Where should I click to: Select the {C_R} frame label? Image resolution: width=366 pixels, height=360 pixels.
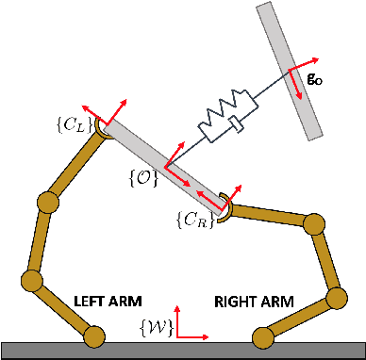(x=192, y=221)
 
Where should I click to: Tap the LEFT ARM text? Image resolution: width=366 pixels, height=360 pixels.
(x=107, y=302)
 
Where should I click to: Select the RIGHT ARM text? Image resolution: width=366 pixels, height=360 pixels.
(x=254, y=302)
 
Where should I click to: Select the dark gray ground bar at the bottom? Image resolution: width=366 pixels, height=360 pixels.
(x=183, y=351)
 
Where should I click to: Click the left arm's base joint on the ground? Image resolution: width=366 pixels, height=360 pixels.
(x=93, y=335)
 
